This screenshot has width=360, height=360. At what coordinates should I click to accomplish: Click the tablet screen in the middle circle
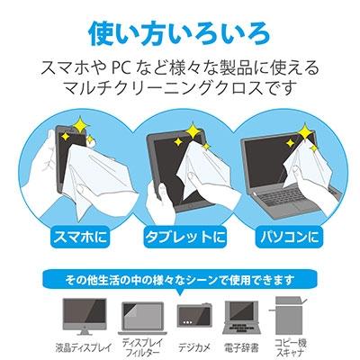pyautogui.click(x=171, y=153)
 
